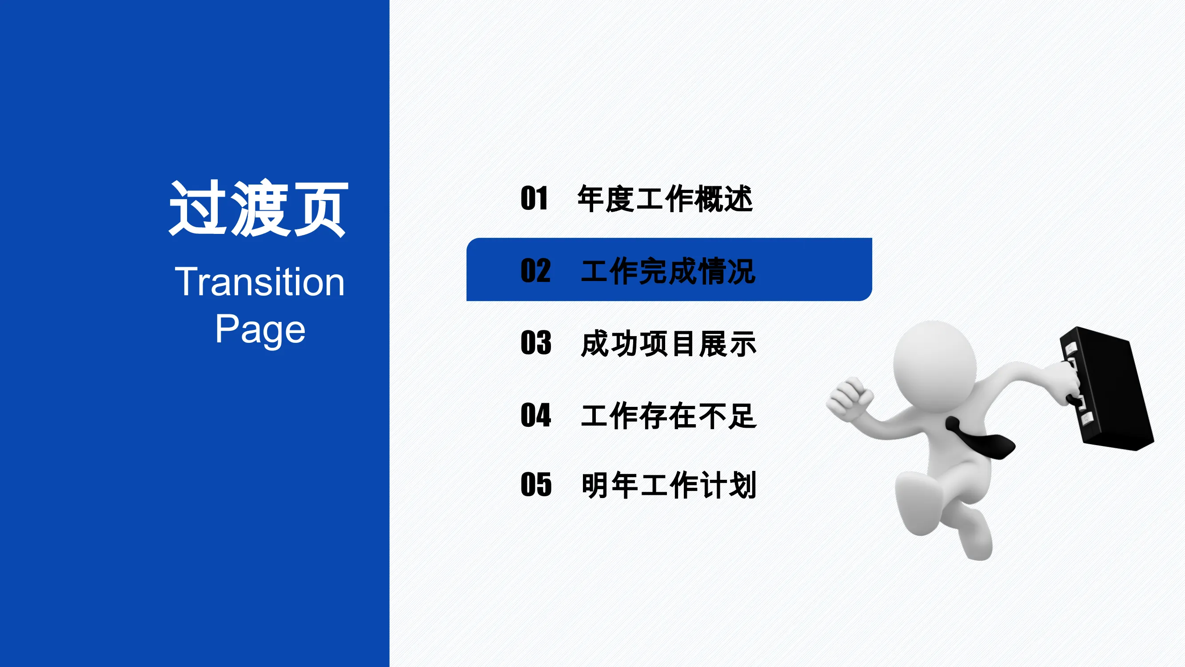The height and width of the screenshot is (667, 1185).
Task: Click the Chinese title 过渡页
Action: (258, 209)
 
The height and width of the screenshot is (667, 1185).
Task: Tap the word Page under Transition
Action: (260, 329)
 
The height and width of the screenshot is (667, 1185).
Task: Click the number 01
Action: (534, 198)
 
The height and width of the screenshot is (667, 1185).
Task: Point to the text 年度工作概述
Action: (665, 199)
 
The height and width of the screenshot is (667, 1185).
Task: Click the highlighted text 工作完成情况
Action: (668, 271)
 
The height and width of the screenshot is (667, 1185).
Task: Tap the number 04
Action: (536, 415)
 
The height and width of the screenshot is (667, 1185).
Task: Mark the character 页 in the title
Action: (321, 209)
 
